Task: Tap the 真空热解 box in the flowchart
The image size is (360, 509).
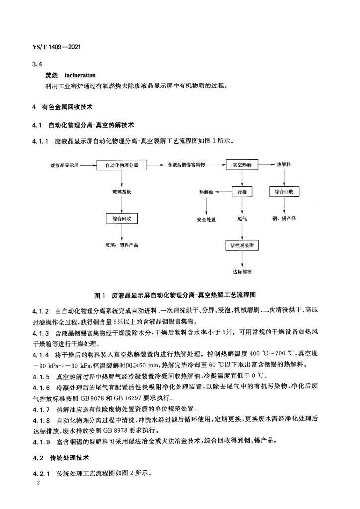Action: pyautogui.click(x=242, y=164)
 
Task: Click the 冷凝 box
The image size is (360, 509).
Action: pyautogui.click(x=242, y=191)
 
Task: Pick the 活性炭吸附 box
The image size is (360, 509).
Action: pyautogui.click(x=242, y=245)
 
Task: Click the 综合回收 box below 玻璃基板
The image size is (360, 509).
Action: pyautogui.click(x=122, y=218)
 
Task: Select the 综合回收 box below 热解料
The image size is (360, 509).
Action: pyautogui.click(x=283, y=191)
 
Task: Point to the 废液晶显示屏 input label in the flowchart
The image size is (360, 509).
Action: pyautogui.click(x=65, y=164)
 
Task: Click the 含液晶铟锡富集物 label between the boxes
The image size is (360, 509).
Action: pyautogui.click(x=187, y=164)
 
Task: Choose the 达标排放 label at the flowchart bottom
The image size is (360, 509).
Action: pyautogui.click(x=242, y=272)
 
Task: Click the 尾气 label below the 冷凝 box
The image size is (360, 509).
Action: pyautogui.click(x=242, y=218)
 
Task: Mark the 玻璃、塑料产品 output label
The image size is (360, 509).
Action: pyautogui.click(x=122, y=245)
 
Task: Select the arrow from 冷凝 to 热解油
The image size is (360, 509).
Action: pyautogui.click(x=224, y=191)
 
